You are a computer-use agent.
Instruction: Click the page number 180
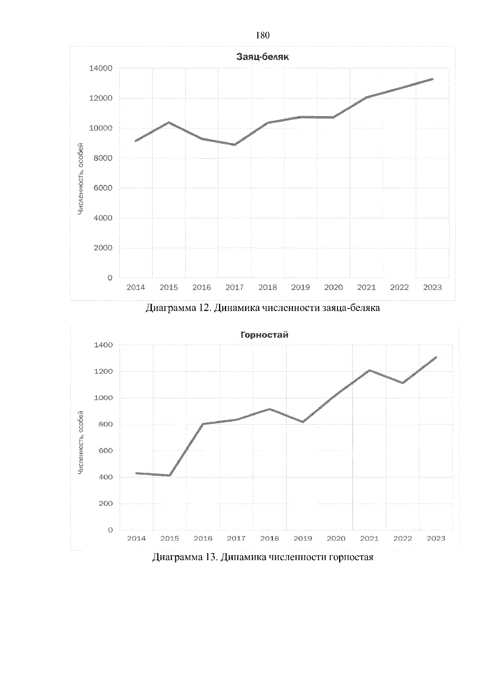tap(263, 36)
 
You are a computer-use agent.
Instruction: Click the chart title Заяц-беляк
tap(262, 57)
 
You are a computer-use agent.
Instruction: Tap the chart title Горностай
tap(264, 335)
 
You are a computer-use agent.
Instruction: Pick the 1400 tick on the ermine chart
tap(103, 345)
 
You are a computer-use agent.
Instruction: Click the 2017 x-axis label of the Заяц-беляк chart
tap(235, 287)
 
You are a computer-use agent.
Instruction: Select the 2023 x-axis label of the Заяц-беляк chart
tap(432, 287)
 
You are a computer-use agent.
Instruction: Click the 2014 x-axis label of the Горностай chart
tap(136, 539)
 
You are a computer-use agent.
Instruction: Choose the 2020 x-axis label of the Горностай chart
tap(336, 539)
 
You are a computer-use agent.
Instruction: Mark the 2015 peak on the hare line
tap(169, 122)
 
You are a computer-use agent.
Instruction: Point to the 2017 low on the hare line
tap(235, 145)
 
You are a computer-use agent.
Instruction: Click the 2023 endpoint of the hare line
tap(432, 79)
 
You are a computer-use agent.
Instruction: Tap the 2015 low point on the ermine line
tap(170, 475)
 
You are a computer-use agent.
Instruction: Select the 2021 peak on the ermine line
tap(370, 370)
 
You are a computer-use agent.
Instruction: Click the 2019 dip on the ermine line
tap(303, 422)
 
